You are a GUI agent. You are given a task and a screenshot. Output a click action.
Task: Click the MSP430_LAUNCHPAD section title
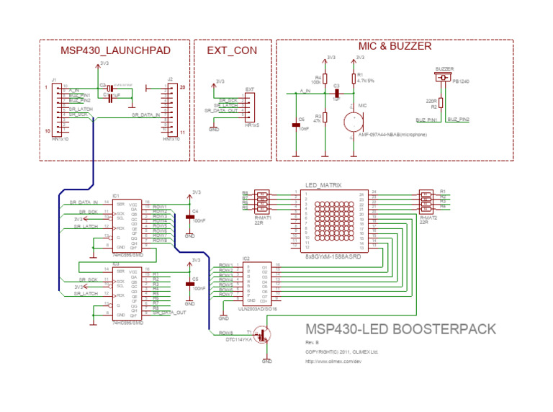click(115, 50)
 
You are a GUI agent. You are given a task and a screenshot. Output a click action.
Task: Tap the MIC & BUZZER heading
click(395, 46)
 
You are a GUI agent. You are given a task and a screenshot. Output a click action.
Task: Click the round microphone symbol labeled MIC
click(353, 122)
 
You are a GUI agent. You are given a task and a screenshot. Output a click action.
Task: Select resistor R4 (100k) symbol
click(325, 79)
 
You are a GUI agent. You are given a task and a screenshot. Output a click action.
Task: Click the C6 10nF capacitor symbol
click(295, 125)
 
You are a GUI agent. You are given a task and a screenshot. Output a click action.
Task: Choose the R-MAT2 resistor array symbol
click(427, 201)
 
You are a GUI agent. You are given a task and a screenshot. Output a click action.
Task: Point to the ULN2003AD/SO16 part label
click(258, 308)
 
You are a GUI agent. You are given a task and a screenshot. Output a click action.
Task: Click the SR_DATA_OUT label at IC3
click(169, 313)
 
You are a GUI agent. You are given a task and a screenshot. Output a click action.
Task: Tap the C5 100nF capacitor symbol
click(190, 284)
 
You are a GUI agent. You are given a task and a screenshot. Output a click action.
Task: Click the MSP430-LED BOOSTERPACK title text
click(401, 329)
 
